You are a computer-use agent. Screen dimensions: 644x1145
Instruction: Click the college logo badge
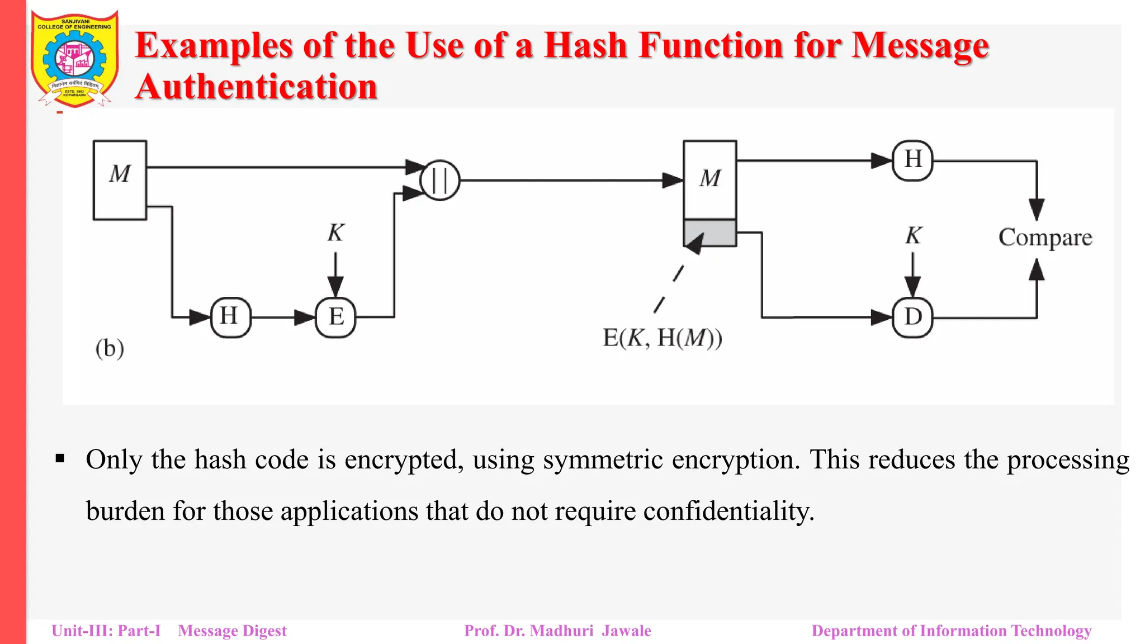pyautogui.click(x=74, y=59)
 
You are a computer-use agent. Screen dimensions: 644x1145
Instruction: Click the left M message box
pyautogui.click(x=120, y=180)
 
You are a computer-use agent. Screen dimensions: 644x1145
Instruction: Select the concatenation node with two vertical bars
pyautogui.click(x=440, y=181)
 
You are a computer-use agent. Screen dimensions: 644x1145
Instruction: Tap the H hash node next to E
pyautogui.click(x=230, y=317)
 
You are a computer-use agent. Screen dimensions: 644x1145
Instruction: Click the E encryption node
pyautogui.click(x=335, y=317)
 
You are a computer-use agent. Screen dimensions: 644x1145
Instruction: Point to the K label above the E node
pyautogui.click(x=335, y=233)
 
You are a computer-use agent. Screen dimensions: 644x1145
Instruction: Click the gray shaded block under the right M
pyautogui.click(x=710, y=233)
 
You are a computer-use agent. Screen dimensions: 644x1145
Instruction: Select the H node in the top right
pyautogui.click(x=912, y=160)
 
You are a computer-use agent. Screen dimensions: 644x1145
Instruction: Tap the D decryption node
pyautogui.click(x=912, y=317)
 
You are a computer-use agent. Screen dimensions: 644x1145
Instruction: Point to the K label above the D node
pyautogui.click(x=913, y=235)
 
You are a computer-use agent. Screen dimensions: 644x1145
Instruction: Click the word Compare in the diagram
pyautogui.click(x=1045, y=238)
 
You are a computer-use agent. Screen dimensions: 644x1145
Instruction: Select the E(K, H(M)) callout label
pyautogui.click(x=662, y=338)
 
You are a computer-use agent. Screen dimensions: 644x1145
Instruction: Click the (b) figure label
pyautogui.click(x=110, y=348)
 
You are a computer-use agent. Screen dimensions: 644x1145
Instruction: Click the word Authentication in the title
pyautogui.click(x=257, y=87)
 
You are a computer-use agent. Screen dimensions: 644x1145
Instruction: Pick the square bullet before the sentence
pyautogui.click(x=60, y=460)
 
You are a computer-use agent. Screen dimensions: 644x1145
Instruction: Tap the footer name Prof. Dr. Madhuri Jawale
pyautogui.click(x=557, y=631)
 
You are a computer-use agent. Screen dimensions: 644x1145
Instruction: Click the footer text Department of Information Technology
pyautogui.click(x=951, y=631)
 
